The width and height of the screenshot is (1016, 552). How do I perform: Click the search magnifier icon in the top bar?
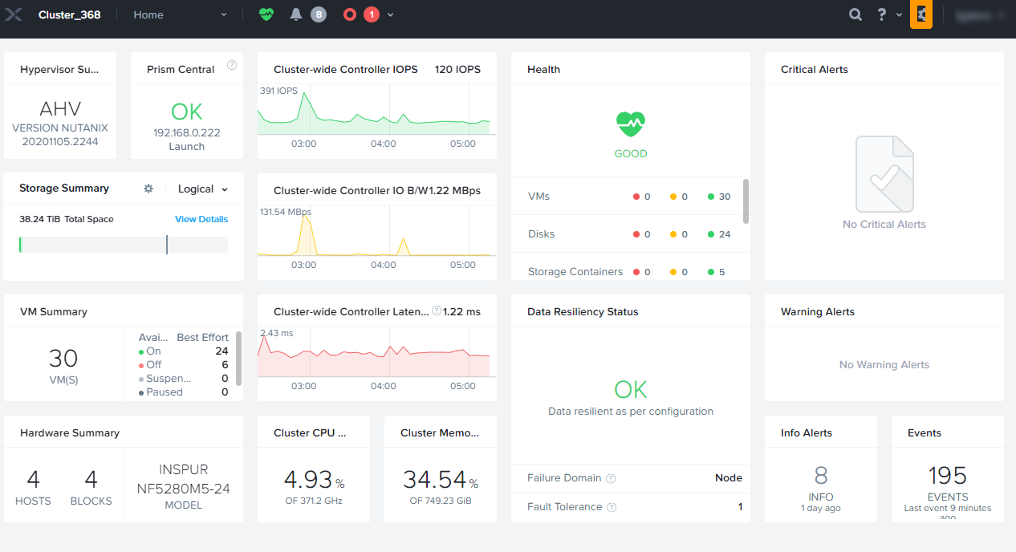(x=856, y=14)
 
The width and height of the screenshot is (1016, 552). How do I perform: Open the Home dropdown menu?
(x=180, y=14)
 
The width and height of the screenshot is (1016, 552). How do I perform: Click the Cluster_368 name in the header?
(x=69, y=14)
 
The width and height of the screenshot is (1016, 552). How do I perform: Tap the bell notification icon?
(x=296, y=14)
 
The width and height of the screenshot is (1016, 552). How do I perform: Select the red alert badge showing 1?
(x=371, y=14)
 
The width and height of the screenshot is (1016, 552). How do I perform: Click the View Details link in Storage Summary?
(x=201, y=219)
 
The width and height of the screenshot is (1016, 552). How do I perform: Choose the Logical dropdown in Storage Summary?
(x=203, y=189)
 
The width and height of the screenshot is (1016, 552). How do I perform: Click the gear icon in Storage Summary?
(x=148, y=189)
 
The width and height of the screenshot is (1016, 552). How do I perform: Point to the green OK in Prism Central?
(x=187, y=112)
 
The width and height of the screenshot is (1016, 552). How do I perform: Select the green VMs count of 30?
(x=725, y=197)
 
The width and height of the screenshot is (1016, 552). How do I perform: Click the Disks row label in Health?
(x=541, y=234)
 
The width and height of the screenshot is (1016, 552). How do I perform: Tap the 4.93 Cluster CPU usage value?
(x=308, y=480)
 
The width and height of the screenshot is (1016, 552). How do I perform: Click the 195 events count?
(x=948, y=476)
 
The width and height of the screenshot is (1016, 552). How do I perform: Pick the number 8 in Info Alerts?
(x=821, y=476)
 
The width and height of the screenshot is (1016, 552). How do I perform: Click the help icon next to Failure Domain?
(x=611, y=479)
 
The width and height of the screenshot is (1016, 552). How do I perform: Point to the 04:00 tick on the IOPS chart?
(x=384, y=144)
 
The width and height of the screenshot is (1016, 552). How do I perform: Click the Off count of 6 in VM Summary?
(x=225, y=365)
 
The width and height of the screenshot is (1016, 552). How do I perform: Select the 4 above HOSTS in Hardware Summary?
(x=33, y=480)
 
